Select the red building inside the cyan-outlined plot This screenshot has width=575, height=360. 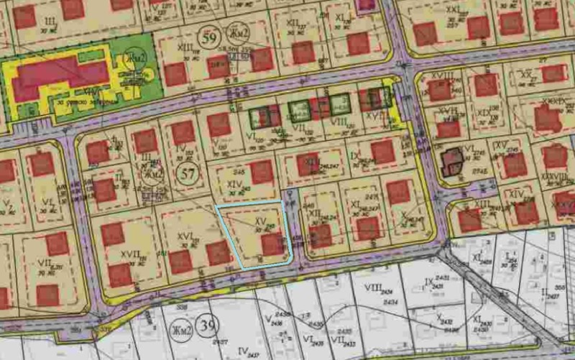coord(272,244)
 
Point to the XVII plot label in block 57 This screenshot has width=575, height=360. coord(130,254)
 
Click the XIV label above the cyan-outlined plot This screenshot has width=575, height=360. coord(234,184)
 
